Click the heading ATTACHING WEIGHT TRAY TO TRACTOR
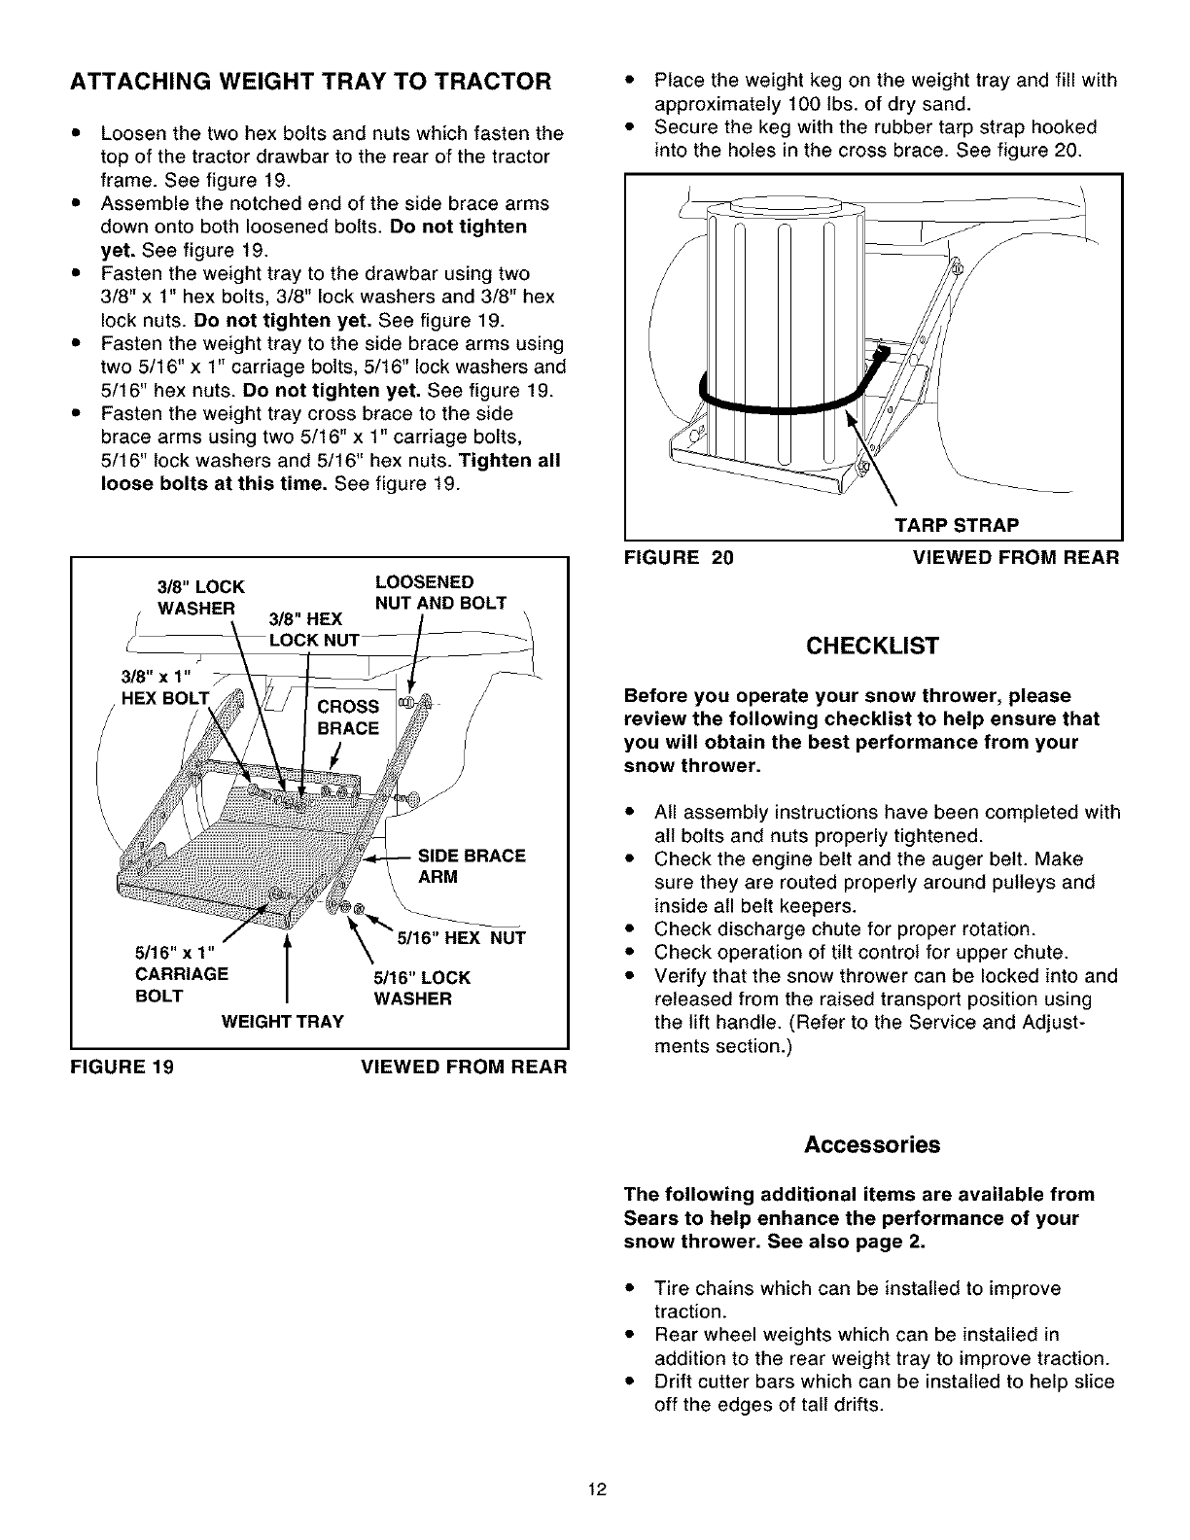click(x=310, y=81)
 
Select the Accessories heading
click(x=872, y=1144)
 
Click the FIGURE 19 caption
click(x=122, y=1067)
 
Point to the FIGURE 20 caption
click(x=679, y=557)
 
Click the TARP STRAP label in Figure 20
click(x=957, y=526)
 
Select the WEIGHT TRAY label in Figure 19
click(x=282, y=1022)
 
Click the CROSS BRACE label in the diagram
click(x=348, y=717)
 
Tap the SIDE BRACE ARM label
click(x=471, y=866)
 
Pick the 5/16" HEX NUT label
click(x=462, y=938)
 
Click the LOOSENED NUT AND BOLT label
click(x=440, y=592)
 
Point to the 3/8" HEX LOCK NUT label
click(x=307, y=629)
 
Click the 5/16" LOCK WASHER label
click(x=422, y=988)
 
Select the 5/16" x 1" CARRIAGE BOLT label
click(x=181, y=974)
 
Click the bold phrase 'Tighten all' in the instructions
click(x=509, y=461)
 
